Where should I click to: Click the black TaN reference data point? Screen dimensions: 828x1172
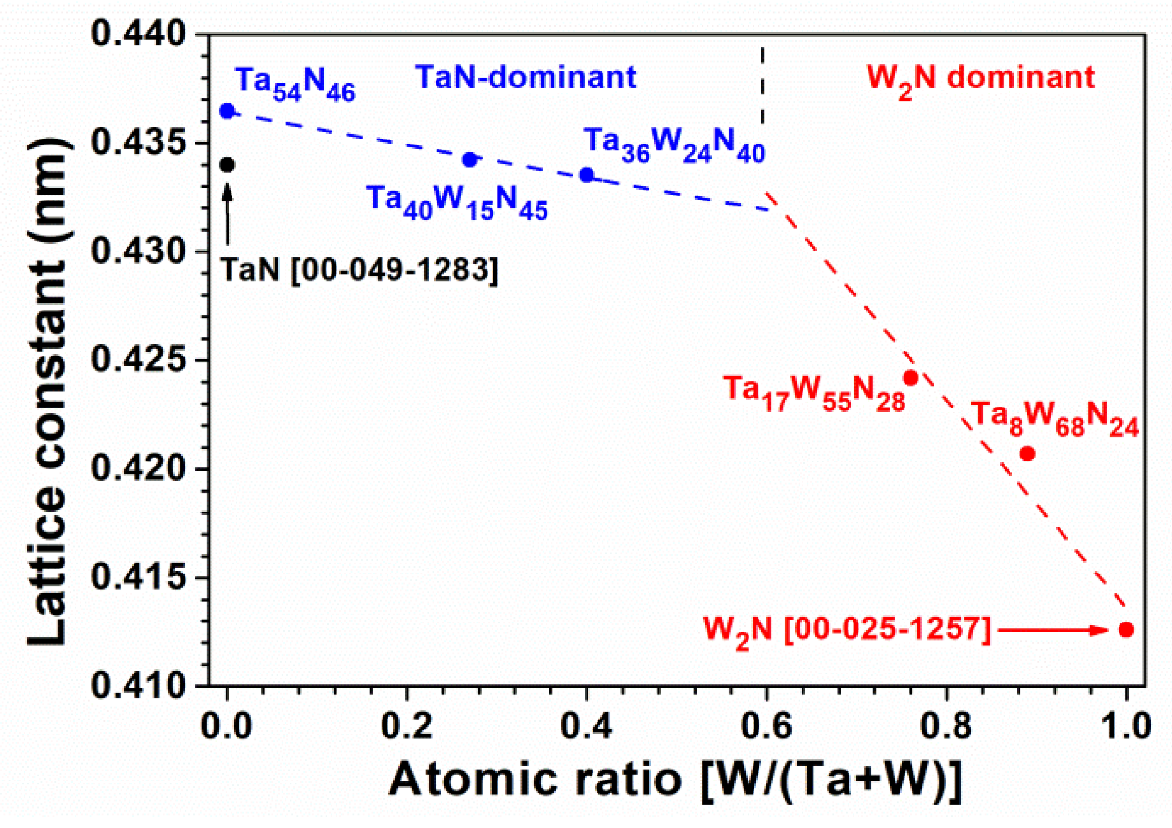[227, 165]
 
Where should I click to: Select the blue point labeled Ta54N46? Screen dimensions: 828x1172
[227, 111]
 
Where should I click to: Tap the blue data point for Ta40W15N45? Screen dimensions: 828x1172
[470, 160]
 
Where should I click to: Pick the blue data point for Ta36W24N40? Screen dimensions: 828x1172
[587, 175]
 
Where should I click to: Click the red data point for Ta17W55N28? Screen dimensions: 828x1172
[911, 378]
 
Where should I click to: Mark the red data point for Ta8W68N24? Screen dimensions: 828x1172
[1028, 454]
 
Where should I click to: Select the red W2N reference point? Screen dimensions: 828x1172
[1126, 630]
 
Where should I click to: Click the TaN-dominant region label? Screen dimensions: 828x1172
[526, 78]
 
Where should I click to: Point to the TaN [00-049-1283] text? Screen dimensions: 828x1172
[359, 270]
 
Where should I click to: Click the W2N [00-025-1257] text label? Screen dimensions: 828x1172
[846, 630]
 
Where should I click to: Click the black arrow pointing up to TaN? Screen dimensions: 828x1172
[227, 211]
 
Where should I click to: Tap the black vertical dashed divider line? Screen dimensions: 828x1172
[762, 87]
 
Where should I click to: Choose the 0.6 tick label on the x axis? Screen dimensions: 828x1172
[766, 726]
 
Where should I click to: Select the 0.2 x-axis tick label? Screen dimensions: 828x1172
[406, 726]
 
